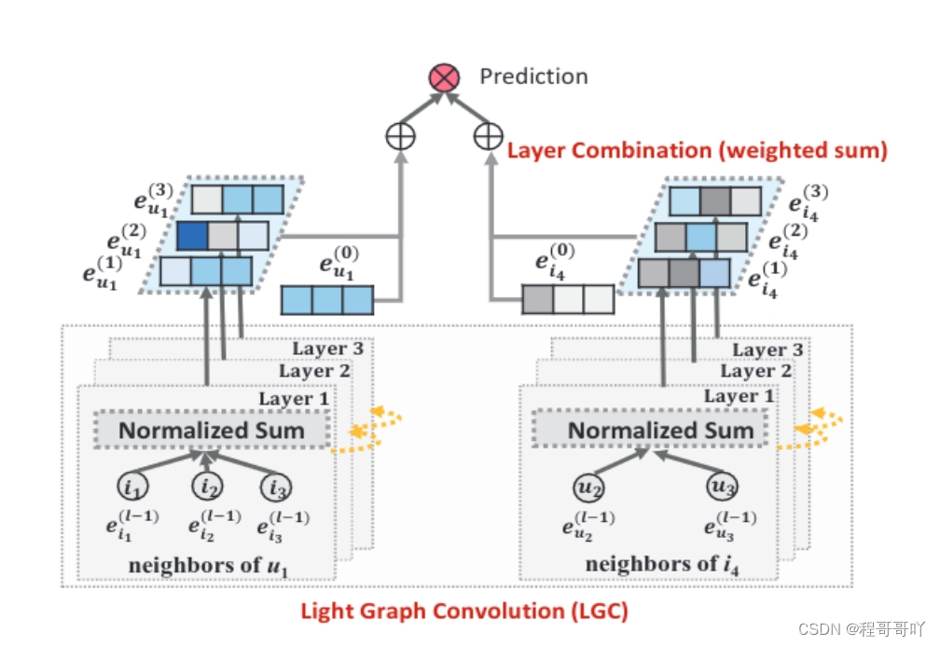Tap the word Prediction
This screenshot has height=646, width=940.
533,76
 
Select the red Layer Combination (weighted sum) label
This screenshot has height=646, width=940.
697,149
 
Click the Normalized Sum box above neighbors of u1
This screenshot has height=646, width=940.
211,431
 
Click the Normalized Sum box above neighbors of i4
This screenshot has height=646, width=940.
660,431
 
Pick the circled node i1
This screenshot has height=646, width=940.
132,486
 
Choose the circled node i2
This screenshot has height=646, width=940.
206,486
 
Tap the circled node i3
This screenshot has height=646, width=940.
278,486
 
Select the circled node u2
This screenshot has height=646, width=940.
587,486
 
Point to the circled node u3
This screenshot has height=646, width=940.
723,486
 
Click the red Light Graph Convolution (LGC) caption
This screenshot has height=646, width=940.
463,612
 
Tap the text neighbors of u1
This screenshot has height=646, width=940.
205,564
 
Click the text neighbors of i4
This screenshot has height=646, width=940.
655,564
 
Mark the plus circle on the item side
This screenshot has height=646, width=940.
487,136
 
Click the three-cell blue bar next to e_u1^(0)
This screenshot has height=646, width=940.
327,300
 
